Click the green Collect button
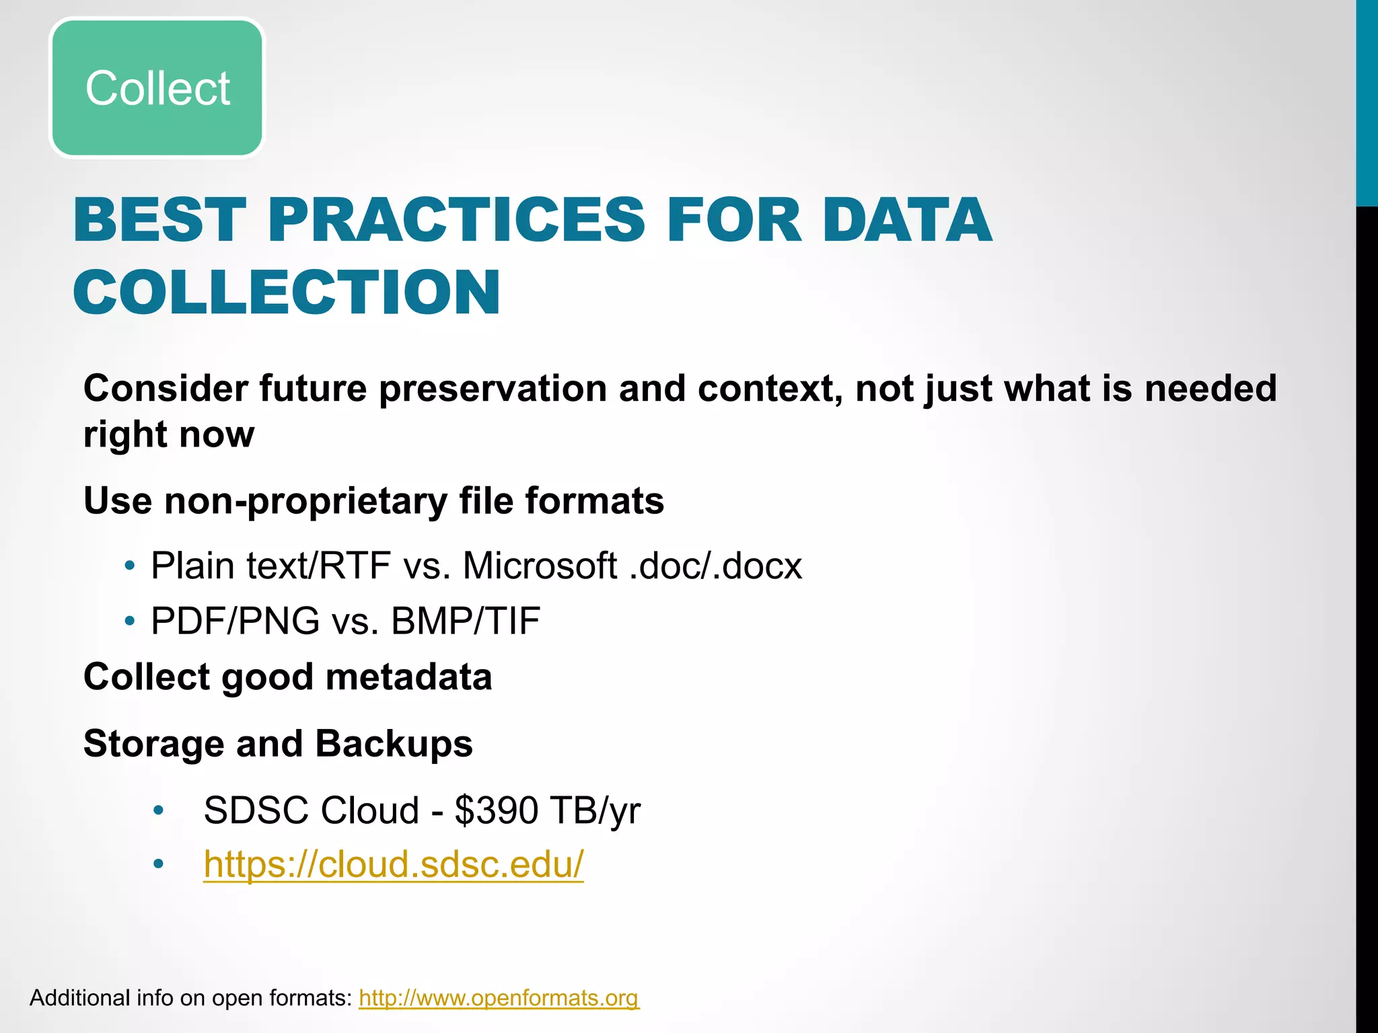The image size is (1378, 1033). coord(157,88)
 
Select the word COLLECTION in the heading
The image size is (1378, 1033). coord(287,293)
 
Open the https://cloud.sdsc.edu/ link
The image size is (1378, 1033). coord(394,864)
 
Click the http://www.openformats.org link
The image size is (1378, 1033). coord(499,998)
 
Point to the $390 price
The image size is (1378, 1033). coord(496,810)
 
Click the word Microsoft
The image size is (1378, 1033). coord(540,566)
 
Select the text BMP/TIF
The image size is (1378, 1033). coord(466,621)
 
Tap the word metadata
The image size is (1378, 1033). coord(409,677)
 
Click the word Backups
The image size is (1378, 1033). coord(394,744)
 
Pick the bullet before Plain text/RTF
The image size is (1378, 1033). coord(130,566)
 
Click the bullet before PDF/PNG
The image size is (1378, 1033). coord(130,621)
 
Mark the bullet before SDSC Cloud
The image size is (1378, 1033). coord(158,810)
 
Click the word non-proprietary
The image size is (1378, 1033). coord(305,501)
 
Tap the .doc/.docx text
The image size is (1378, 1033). coord(716,566)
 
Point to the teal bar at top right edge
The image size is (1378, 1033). coord(1367,101)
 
